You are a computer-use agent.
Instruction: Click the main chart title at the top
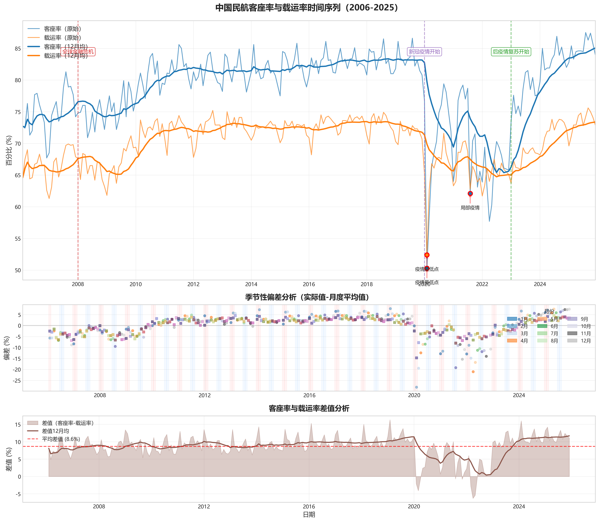point(306,8)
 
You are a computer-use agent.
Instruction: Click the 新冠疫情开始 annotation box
point(424,52)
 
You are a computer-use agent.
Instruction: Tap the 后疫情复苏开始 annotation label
point(511,52)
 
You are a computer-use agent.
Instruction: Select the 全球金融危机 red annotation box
point(78,52)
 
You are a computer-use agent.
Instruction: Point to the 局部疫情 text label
point(470,208)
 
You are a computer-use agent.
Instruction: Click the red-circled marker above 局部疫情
point(470,193)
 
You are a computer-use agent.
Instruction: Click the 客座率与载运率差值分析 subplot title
point(309,408)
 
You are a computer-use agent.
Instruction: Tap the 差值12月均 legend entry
point(55,431)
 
